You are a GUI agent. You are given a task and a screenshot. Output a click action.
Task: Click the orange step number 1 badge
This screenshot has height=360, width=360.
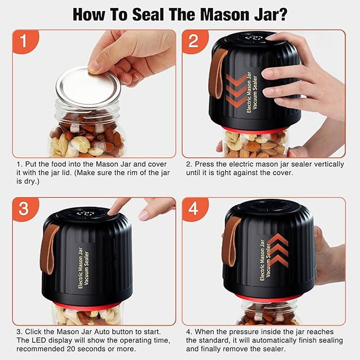tap(24, 41)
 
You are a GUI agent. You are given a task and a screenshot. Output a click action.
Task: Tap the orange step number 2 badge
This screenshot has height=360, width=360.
tap(193, 41)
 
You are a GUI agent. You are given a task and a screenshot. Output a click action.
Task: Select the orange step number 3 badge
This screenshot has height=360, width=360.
tap(24, 208)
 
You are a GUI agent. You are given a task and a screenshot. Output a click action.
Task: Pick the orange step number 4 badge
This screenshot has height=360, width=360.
tap(193, 208)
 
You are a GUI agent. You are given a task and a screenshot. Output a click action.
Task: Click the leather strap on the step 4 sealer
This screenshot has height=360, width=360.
tap(230, 241)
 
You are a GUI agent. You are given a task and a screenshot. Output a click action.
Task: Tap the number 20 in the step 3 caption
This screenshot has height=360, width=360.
tap(80, 348)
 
